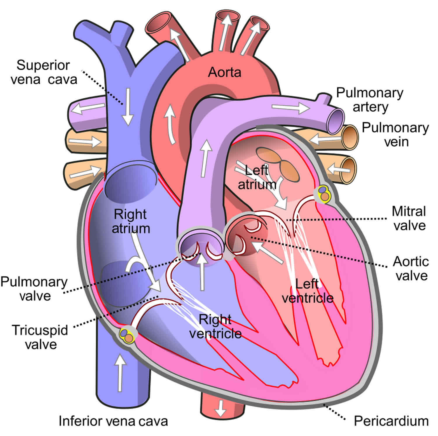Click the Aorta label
click(225, 72)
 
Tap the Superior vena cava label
click(44, 72)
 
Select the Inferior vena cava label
click(113, 421)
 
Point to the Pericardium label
click(391, 421)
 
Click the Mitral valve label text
click(409, 218)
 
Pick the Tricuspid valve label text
click(40, 337)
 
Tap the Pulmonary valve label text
click(34, 289)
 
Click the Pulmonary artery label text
click(370, 100)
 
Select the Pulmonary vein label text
click(395, 135)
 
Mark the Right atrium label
click(131, 221)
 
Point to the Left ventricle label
click(307, 291)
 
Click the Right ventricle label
click(215, 326)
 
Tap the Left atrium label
click(257, 177)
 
